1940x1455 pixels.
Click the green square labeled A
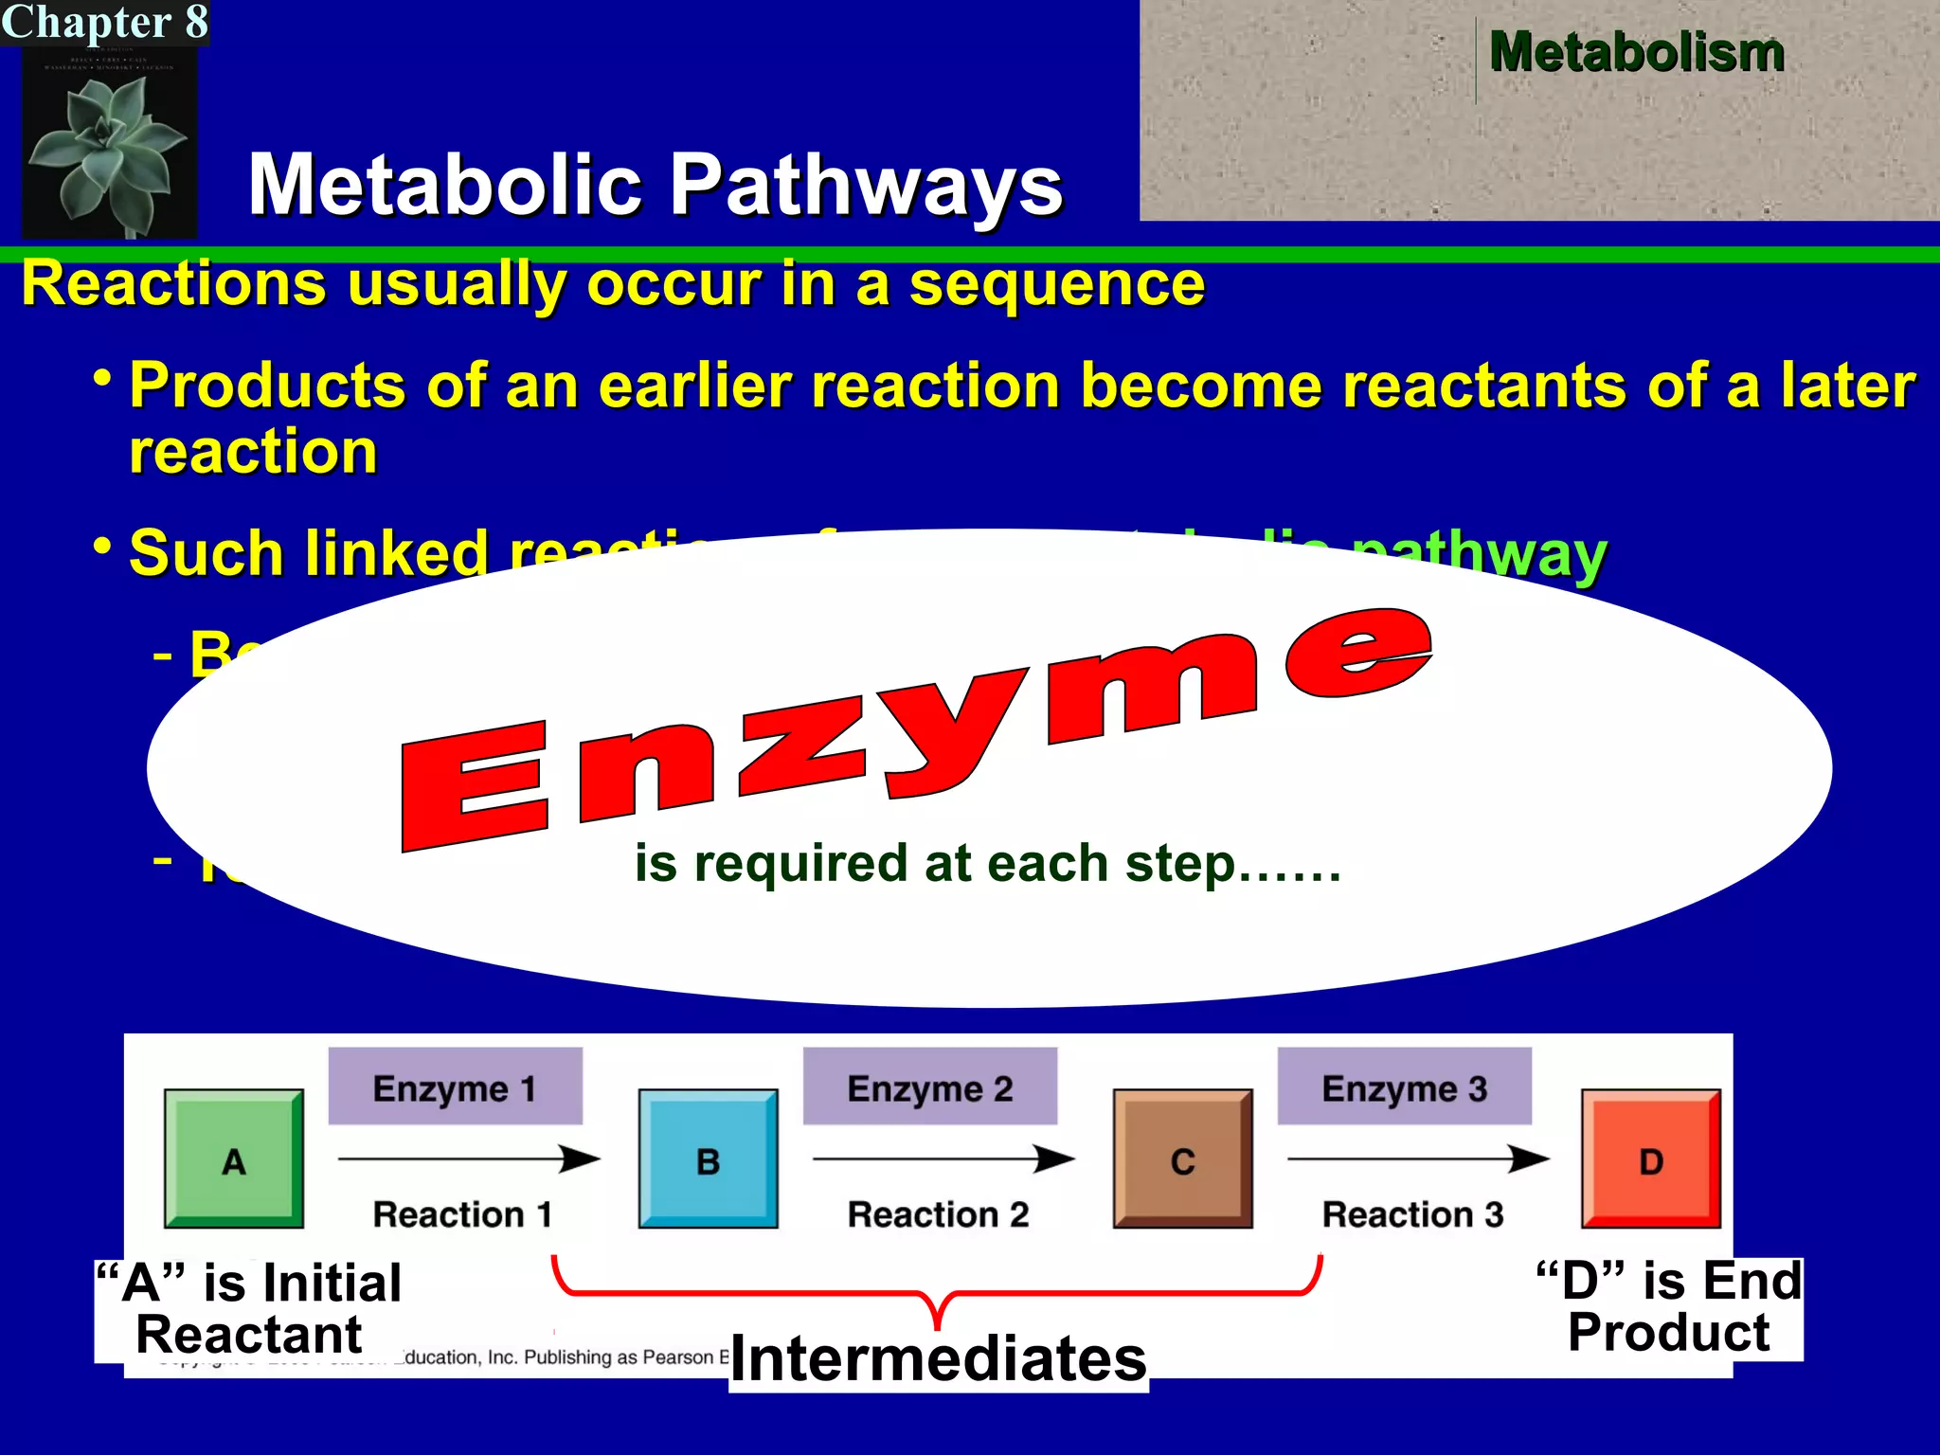coord(234,1159)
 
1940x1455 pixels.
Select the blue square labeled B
coord(708,1159)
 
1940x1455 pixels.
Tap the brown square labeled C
coord(1182,1159)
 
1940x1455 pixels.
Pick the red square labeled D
coord(1650,1159)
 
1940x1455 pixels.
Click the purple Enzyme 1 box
coord(455,1087)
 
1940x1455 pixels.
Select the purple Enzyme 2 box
coord(929,1087)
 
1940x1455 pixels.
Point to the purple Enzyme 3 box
coord(1404,1087)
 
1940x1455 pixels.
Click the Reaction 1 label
coord(462,1214)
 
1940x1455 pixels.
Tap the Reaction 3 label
coord(1412,1214)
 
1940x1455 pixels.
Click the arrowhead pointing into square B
coord(580,1159)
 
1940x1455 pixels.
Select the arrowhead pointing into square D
coord(1529,1159)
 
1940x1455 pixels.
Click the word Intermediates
coord(938,1358)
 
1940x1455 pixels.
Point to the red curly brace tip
coord(937,1322)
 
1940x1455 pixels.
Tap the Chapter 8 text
coord(104,22)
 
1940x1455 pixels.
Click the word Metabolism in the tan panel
coord(1636,52)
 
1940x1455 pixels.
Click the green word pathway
coord(1478,555)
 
